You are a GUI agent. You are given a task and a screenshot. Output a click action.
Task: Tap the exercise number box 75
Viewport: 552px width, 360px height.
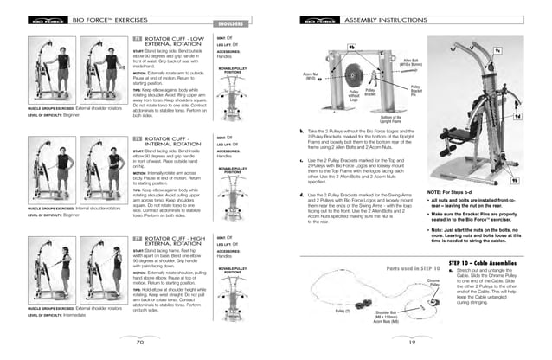coord(137,40)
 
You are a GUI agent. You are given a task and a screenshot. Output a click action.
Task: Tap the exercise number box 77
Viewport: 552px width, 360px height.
coord(137,237)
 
